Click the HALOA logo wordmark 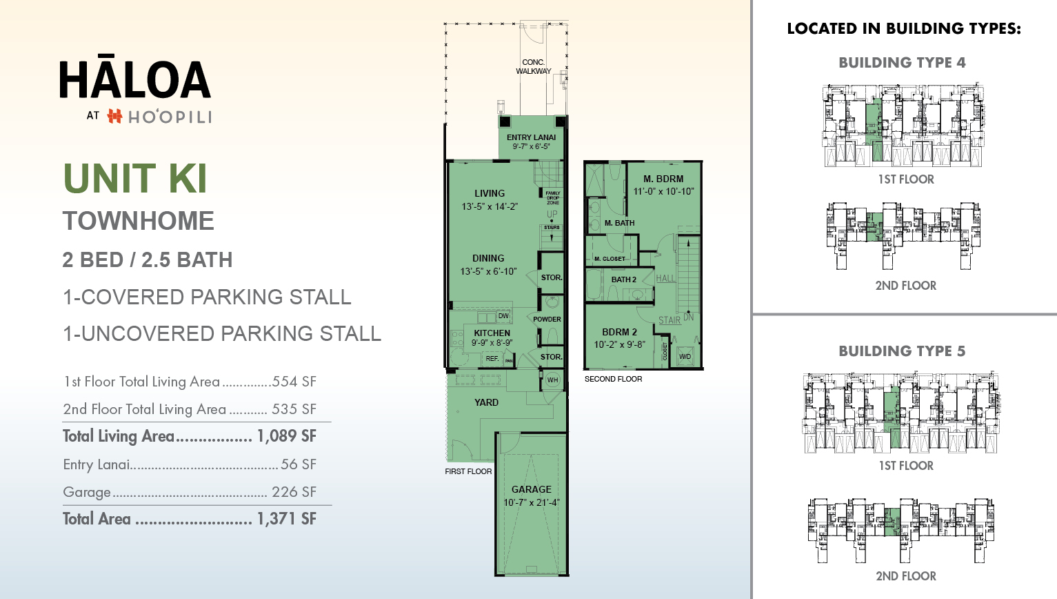pos(135,79)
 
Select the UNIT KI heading pos(135,179)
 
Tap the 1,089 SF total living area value pos(286,436)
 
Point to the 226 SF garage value pos(294,492)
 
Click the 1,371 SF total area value pos(286,519)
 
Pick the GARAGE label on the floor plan pos(531,489)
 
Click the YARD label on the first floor pos(486,402)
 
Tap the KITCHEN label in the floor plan pos(492,333)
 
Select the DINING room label pos(488,258)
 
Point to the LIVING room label pos(490,193)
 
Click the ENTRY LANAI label pos(531,137)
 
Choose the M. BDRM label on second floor pos(663,179)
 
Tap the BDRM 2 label pos(619,332)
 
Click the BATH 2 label pos(623,279)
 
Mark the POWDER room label pos(547,320)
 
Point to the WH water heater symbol pos(552,380)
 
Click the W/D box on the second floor pos(685,357)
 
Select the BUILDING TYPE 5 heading pos(902,351)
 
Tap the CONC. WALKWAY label pos(533,66)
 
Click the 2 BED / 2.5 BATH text pos(148,260)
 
